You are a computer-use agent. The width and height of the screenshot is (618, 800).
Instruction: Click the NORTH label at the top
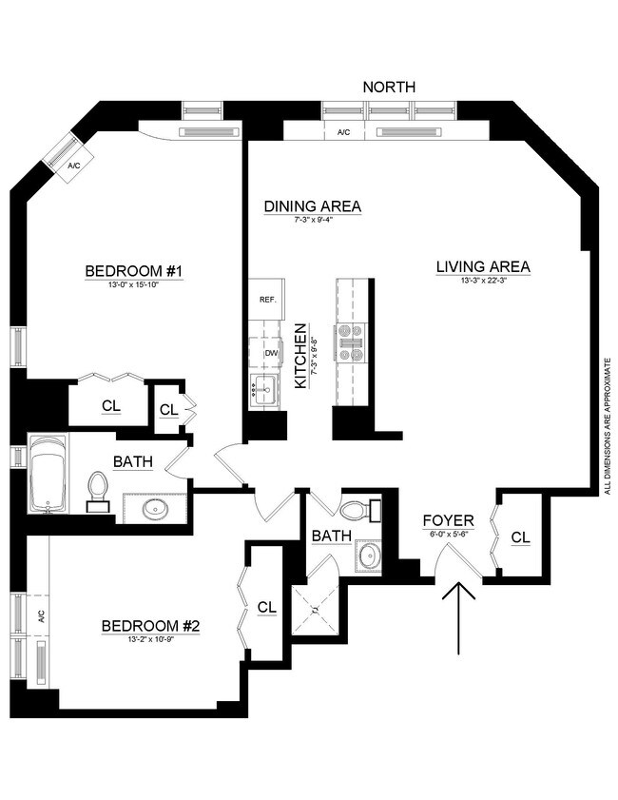point(389,87)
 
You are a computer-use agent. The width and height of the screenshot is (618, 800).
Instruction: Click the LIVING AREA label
point(483,266)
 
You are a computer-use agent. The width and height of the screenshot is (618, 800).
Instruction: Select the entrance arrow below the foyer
point(459,618)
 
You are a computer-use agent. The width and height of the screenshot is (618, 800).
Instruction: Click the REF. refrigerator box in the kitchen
point(267,300)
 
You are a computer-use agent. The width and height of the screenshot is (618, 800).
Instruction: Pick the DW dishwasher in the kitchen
point(270,353)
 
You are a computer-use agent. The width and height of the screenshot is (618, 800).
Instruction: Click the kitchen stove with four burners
point(350,342)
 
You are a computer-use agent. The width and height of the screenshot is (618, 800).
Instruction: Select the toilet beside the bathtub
point(98,489)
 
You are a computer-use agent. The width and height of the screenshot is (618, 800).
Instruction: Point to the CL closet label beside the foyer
point(520,537)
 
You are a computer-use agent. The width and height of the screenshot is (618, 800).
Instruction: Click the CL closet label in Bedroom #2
point(266,607)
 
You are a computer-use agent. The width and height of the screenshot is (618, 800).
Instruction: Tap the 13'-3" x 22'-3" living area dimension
point(483,281)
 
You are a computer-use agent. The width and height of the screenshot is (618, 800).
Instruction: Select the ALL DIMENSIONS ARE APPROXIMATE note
point(607,426)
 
